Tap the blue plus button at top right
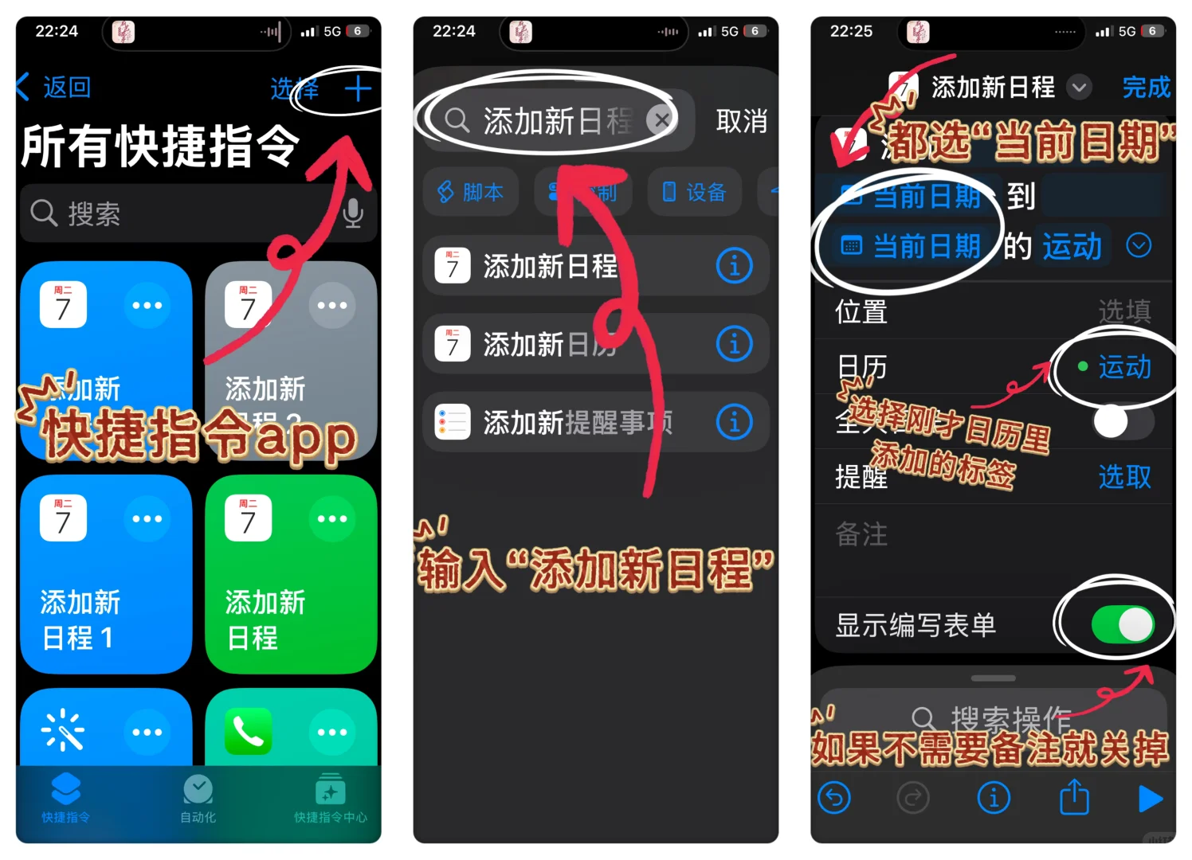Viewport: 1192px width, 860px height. pyautogui.click(x=358, y=88)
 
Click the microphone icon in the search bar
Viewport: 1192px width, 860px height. pyautogui.click(x=353, y=213)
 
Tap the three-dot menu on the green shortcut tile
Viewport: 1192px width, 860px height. pyautogui.click(x=332, y=519)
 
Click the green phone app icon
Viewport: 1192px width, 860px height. pyautogui.click(x=248, y=731)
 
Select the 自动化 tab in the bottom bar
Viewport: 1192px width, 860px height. pyautogui.click(x=198, y=798)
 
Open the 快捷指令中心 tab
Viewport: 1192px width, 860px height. pyautogui.click(x=330, y=798)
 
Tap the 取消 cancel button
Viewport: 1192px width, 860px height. pyautogui.click(x=741, y=121)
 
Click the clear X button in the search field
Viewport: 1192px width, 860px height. pyautogui.click(x=661, y=121)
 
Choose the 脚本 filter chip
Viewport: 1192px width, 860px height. pyautogui.click(x=471, y=192)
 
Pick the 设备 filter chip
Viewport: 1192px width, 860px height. pyautogui.click(x=695, y=192)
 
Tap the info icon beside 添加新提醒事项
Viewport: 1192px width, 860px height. pyautogui.click(x=734, y=422)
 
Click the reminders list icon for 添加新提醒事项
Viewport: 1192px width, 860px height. pyautogui.click(x=453, y=422)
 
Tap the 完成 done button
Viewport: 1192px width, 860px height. pyautogui.click(x=1146, y=87)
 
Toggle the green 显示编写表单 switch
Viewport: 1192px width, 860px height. pyautogui.click(x=1122, y=624)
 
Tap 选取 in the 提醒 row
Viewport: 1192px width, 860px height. pyautogui.click(x=1124, y=477)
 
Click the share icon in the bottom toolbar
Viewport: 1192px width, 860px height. pyautogui.click(x=1073, y=797)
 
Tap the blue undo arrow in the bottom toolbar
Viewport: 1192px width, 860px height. pyautogui.click(x=835, y=797)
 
